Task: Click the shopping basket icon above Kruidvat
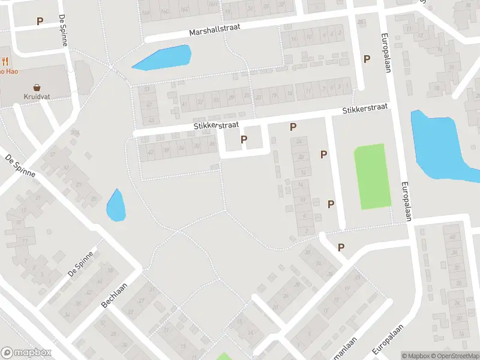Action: coord(37,86)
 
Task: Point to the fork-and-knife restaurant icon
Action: coord(5,61)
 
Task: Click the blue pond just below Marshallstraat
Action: coord(162,58)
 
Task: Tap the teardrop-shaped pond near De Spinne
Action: coord(116,206)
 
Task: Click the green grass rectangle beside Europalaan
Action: coord(372,176)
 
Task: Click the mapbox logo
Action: coord(26,352)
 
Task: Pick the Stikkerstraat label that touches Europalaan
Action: coord(365,109)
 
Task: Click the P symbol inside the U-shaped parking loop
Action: coord(244,139)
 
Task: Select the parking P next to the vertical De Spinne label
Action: coord(40,21)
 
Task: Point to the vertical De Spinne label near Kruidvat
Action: coord(64,31)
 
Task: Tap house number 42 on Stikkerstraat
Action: coord(150,152)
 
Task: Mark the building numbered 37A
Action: coord(75,133)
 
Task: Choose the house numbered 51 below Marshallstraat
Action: coord(148,88)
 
